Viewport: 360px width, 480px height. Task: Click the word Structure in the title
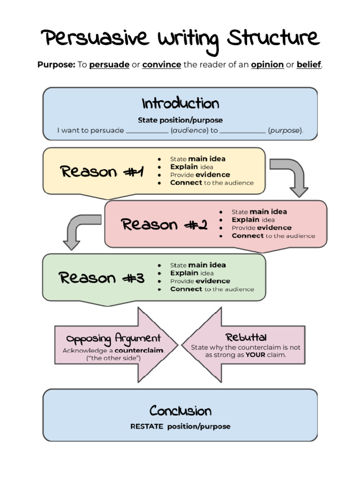point(273,38)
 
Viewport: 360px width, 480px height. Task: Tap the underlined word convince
point(162,65)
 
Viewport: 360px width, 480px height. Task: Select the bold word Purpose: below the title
point(56,65)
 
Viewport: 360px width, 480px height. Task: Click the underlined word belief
point(308,65)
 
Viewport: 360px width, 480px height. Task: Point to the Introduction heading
point(180,103)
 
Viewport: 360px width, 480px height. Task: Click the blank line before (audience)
point(147,131)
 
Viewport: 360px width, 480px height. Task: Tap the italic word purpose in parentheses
point(285,131)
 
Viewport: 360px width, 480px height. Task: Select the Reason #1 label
point(102,172)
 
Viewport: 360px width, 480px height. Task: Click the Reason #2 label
point(164,225)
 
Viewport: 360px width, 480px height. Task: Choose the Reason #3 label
point(102,278)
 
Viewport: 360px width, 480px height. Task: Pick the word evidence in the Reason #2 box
point(274,228)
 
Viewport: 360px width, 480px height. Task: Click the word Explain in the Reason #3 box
point(184,273)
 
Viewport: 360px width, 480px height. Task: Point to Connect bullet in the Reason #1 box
point(186,183)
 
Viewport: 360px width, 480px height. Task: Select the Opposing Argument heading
point(113,338)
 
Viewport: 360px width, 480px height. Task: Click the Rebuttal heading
point(246,337)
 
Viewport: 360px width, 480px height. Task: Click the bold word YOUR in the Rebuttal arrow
point(255,355)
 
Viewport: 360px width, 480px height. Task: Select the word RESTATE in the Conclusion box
point(147,427)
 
